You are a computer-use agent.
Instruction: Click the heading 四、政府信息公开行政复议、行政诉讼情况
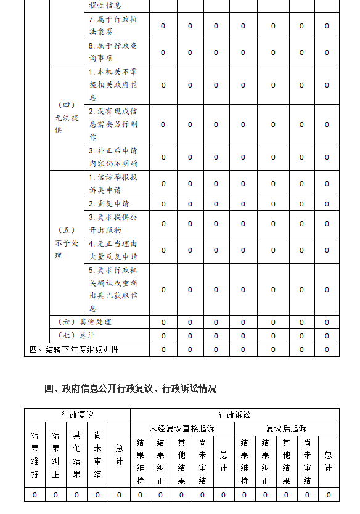(x=131, y=388)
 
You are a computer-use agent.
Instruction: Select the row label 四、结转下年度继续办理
(x=74, y=350)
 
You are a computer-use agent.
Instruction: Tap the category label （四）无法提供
(x=67, y=118)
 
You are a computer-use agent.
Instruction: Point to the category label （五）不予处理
(x=67, y=243)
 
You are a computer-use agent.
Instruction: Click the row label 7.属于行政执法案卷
(x=113, y=26)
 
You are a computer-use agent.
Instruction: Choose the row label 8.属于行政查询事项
(x=113, y=52)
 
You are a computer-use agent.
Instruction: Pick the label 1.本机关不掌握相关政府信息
(x=113, y=84)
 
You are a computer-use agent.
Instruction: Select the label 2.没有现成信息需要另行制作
(x=113, y=124)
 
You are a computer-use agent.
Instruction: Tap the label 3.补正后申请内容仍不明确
(x=113, y=157)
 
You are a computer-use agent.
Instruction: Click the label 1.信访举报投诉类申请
(x=113, y=184)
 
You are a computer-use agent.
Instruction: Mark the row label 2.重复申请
(x=108, y=203)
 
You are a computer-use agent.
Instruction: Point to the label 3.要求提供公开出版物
(x=113, y=224)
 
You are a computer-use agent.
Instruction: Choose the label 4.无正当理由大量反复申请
(x=113, y=250)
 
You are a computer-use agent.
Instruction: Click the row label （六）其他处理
(x=84, y=322)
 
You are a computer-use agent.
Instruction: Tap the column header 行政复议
(x=77, y=415)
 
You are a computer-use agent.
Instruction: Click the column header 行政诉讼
(x=234, y=415)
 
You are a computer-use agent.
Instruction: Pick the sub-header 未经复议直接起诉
(x=182, y=429)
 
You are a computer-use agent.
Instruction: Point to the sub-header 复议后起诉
(x=286, y=429)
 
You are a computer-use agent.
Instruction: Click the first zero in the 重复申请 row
(x=163, y=204)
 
